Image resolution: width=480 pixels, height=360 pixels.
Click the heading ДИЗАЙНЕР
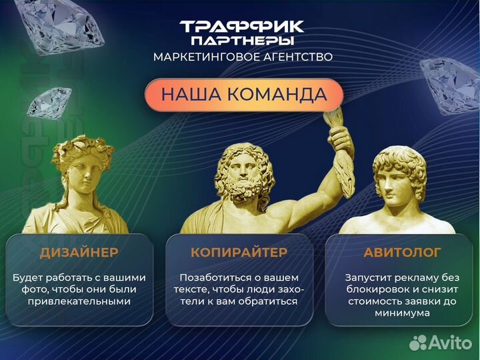pyautogui.click(x=79, y=252)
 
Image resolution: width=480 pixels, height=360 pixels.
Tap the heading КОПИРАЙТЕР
pyautogui.click(x=239, y=252)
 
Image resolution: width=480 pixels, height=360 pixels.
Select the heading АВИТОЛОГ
pyautogui.click(x=402, y=252)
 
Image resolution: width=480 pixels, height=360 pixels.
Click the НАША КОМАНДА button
pyautogui.click(x=244, y=94)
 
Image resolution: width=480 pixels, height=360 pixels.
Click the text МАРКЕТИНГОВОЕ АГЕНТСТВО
pyautogui.click(x=243, y=57)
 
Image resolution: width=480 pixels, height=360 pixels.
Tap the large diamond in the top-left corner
pyautogui.click(x=63, y=23)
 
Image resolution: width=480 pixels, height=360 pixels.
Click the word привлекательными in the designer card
pyautogui.click(x=79, y=301)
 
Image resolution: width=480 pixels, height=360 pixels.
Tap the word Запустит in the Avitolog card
pyautogui.click(x=365, y=277)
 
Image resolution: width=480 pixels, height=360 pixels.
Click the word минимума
pyautogui.click(x=402, y=313)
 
